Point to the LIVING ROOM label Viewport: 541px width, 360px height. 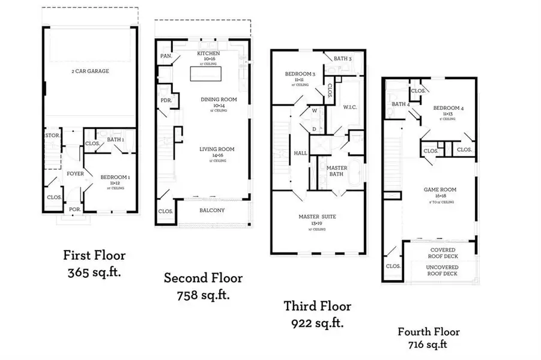click(x=217, y=149)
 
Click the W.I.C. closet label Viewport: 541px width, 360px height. click(x=351, y=108)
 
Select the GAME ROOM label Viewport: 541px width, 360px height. click(x=440, y=190)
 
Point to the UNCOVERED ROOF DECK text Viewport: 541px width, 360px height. click(x=443, y=270)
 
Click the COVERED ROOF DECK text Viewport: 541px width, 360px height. click(x=443, y=253)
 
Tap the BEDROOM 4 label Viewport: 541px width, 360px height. click(x=446, y=108)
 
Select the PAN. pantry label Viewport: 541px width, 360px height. click(x=166, y=56)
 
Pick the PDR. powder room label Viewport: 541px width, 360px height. click(x=166, y=101)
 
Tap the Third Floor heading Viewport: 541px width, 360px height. click(x=317, y=307)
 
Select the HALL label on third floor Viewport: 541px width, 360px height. click(x=301, y=153)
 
